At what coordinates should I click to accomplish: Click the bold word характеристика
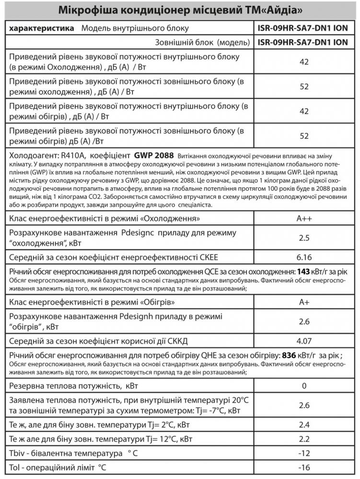[41, 28]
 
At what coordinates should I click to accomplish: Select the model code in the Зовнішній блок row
[303, 42]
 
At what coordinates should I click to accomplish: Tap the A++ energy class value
[303, 219]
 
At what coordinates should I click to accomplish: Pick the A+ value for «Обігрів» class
[303, 303]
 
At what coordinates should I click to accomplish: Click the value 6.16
[303, 257]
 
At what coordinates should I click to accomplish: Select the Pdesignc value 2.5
[303, 238]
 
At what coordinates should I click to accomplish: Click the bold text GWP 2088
[154, 155]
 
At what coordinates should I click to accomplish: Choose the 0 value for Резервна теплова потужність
[303, 386]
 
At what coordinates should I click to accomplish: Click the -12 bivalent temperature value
[303, 453]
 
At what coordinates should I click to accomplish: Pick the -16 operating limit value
[303, 467]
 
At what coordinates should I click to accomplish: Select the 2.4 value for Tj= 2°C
[303, 425]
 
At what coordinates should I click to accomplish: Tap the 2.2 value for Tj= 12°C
[303, 439]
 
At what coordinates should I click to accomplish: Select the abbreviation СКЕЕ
[209, 257]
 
